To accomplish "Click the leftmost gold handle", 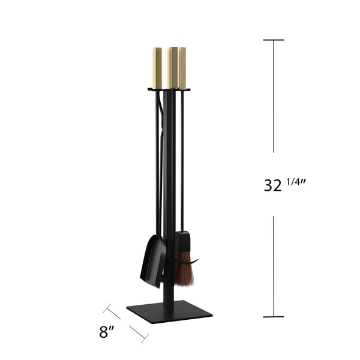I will pos(157,67).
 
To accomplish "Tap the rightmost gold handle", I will pos(182,66).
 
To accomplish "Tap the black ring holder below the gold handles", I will pos(169,90).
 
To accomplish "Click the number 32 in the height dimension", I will pos(273,185).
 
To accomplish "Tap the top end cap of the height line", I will pos(274,40).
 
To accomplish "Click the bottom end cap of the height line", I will pos(274,316).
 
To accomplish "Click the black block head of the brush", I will pos(182,241).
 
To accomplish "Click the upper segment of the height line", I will pos(274,96).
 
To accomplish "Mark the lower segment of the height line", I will pos(274,264).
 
